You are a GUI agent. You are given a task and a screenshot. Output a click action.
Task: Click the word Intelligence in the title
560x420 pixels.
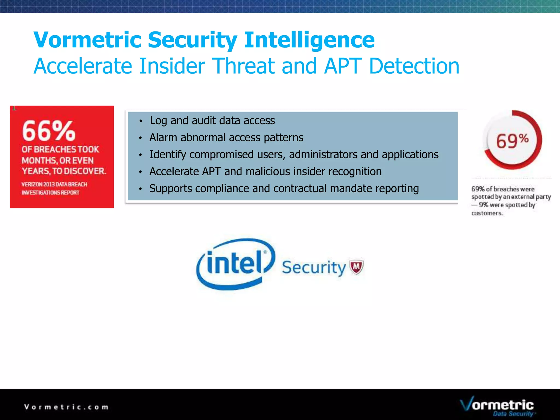coord(309,40)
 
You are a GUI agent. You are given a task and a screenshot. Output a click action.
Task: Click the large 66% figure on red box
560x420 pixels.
coord(49,131)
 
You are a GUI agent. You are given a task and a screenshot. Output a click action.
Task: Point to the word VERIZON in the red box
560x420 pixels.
coord(32,185)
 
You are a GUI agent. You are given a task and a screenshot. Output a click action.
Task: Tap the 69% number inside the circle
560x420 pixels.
coord(512,141)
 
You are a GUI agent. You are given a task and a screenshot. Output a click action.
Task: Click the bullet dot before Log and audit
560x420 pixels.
coord(141,121)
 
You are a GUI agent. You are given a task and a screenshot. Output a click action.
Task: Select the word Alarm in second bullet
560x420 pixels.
coord(163,138)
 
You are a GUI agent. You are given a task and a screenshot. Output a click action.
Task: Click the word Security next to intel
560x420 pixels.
coord(314,267)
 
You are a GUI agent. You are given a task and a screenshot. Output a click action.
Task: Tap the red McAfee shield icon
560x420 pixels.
coord(356,266)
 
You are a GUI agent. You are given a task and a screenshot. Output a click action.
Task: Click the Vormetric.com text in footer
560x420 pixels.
coord(66,407)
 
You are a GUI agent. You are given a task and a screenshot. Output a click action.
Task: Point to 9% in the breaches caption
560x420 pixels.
coord(483,205)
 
